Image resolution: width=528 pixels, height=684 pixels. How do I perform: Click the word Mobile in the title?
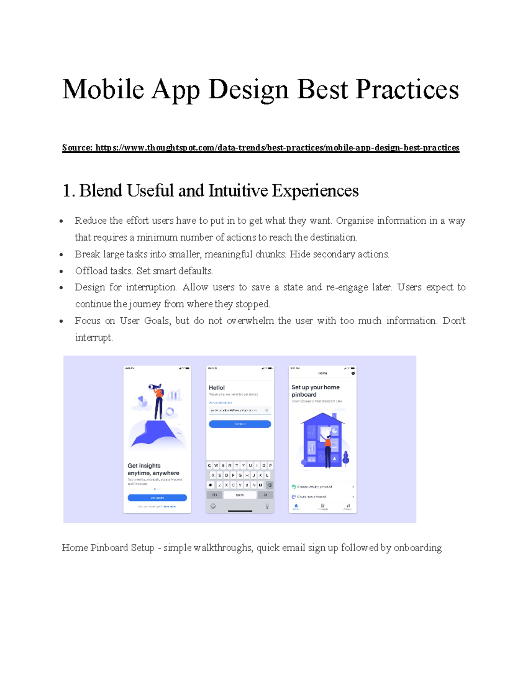[103, 90]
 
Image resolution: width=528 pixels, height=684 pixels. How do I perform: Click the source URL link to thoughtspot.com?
[277, 148]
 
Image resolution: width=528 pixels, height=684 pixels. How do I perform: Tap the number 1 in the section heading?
[66, 191]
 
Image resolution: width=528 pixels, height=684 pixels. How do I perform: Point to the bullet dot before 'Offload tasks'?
[62, 271]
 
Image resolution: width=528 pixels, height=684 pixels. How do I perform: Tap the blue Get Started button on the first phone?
[157, 498]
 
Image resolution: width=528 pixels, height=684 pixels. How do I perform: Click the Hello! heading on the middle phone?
[216, 388]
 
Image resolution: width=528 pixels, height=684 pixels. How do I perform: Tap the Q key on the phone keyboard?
[210, 466]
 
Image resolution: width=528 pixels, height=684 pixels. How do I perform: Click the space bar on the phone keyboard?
[240, 495]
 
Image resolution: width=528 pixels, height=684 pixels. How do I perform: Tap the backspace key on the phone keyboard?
[270, 485]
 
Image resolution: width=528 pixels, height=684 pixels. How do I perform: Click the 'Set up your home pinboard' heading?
[315, 391]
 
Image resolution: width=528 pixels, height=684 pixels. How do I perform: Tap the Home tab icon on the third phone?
[296, 507]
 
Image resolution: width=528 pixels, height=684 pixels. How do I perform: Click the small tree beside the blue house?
[346, 458]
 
